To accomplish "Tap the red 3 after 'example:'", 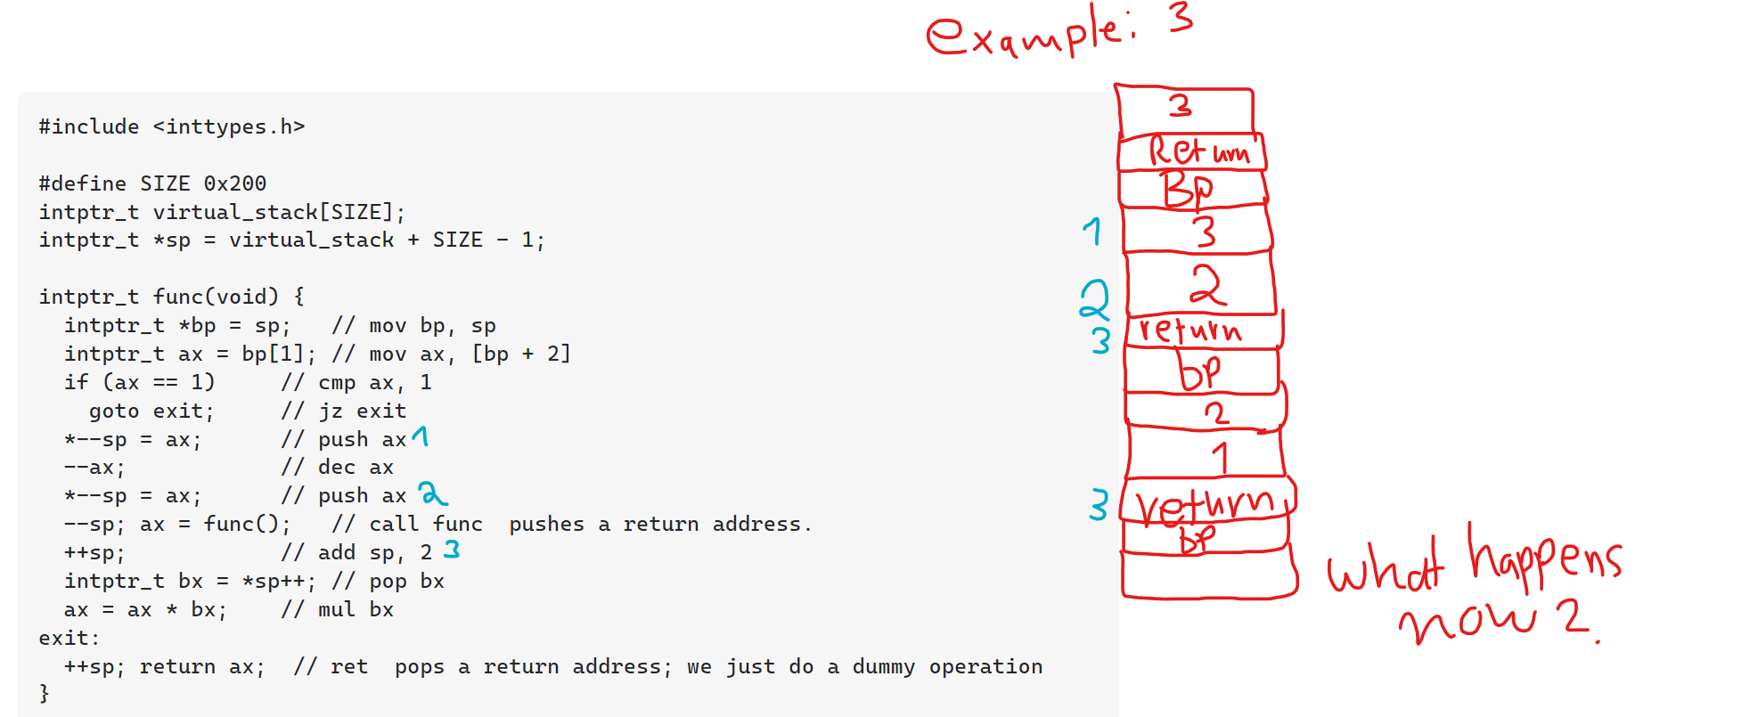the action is tap(1182, 18).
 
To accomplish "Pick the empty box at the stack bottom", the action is tap(1207, 574).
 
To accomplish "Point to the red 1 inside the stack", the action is tap(1220, 457).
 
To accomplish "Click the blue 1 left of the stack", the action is tap(1092, 232).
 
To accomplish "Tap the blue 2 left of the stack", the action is tap(1094, 299).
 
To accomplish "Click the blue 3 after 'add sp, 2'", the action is tap(452, 550).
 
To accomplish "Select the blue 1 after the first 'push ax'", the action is tap(420, 436).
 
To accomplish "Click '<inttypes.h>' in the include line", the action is tap(229, 126).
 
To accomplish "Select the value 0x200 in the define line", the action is tap(235, 183).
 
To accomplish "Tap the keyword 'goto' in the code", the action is tap(114, 411).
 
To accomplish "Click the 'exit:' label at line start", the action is tap(70, 638).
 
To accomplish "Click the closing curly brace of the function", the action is tap(45, 693).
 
